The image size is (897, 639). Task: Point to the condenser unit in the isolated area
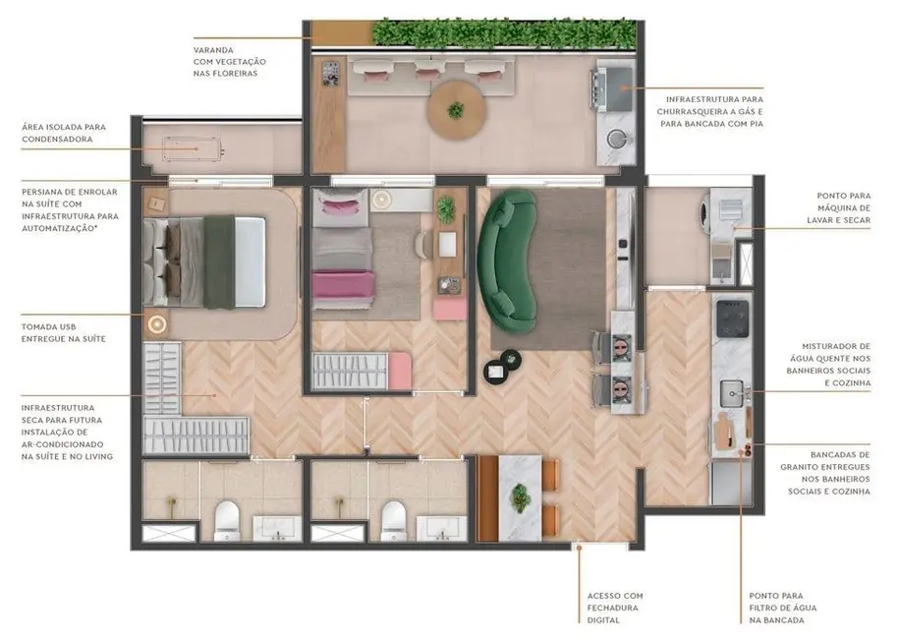[x=195, y=149]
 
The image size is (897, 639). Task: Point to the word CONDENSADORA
[x=60, y=140]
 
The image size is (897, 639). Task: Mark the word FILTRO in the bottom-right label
[x=774, y=608]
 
